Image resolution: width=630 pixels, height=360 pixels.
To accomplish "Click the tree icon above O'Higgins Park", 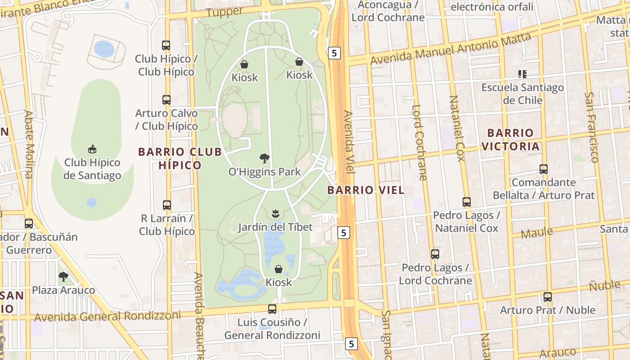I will click(265, 158).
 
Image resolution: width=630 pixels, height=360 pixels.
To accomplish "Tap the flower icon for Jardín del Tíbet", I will click(275, 213).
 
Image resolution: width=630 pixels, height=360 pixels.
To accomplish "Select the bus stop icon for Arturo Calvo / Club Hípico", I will click(166, 100).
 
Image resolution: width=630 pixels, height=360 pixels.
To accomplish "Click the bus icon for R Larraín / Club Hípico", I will click(167, 205).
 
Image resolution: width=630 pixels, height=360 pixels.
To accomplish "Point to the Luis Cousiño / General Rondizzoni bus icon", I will click(272, 309).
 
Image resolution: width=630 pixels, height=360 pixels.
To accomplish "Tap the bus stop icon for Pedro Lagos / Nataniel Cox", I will click(467, 202).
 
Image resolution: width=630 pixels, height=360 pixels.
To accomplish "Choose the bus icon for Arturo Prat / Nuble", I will click(548, 297).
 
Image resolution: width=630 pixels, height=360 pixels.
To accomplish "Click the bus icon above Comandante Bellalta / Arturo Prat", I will click(544, 169).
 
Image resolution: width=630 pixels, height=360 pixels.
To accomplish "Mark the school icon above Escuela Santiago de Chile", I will click(522, 74).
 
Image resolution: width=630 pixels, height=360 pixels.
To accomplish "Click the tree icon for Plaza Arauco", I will click(63, 276).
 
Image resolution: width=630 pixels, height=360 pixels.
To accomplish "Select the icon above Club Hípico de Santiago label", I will click(92, 149).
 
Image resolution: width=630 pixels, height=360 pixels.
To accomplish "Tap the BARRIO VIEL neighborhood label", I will click(366, 190).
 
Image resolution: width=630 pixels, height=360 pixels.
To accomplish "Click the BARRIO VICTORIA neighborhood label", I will click(510, 139).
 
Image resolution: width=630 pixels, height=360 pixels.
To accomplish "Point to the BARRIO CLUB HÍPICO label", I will click(180, 158).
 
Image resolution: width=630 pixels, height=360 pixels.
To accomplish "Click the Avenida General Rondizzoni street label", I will click(108, 316).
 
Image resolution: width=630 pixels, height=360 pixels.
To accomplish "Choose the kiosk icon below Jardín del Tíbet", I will click(279, 269).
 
